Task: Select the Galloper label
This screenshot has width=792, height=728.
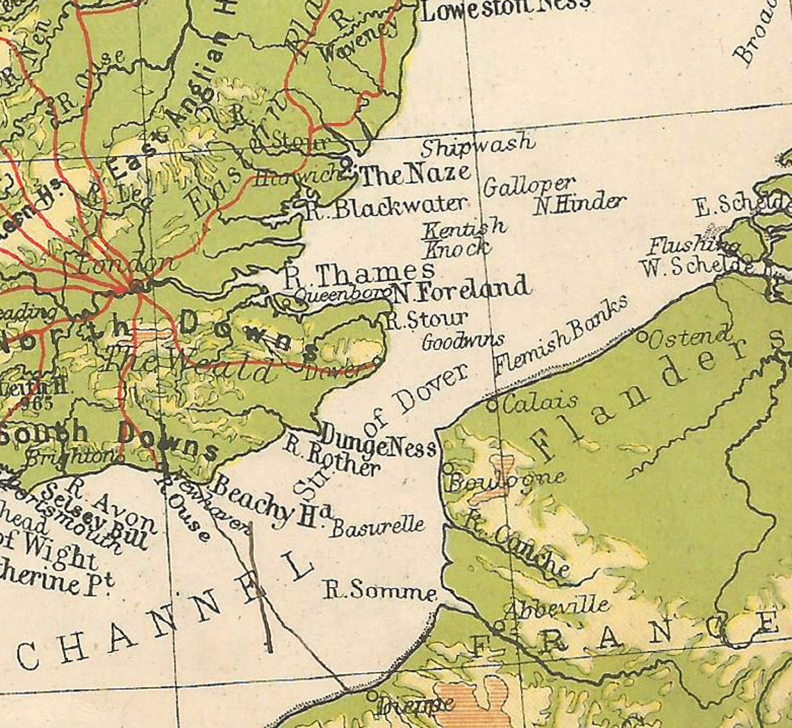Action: [529, 185]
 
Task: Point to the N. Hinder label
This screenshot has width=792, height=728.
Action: [579, 203]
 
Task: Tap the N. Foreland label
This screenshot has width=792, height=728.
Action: [459, 290]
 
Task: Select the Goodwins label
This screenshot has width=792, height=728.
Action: [463, 341]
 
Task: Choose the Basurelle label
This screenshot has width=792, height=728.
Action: [377, 526]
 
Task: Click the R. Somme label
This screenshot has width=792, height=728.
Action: [381, 590]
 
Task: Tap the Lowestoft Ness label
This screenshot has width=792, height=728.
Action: [505, 8]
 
